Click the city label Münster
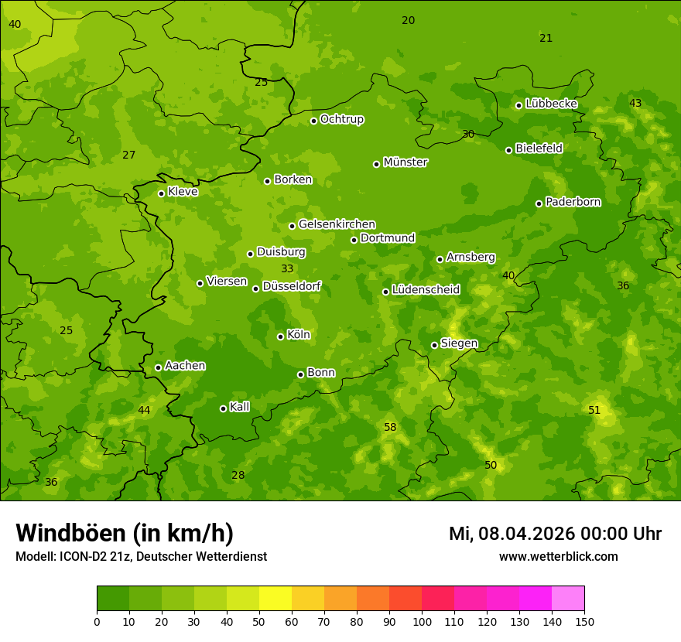405,162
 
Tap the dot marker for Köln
280,336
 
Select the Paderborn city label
573,202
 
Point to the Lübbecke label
551,104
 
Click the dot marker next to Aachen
158,367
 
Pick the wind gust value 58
390,427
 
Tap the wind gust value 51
594,410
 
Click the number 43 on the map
635,103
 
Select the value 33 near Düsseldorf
287,268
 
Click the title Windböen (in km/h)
125,533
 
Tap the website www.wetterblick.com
558,556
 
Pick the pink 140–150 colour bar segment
568,599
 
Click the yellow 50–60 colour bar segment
275,599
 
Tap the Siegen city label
459,343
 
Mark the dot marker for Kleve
161,193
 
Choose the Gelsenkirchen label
337,224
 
